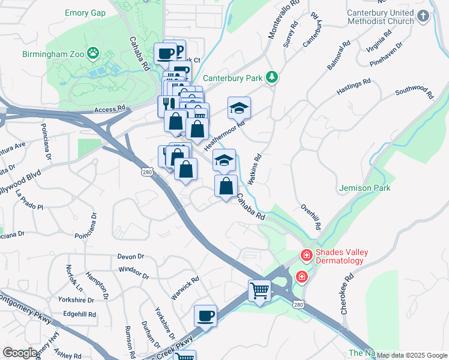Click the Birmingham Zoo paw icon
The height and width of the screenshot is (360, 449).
click(x=93, y=54)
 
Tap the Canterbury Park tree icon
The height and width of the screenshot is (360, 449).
click(x=273, y=77)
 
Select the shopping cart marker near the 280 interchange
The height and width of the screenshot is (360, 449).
click(x=259, y=291)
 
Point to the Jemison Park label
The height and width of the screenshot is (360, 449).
click(x=364, y=188)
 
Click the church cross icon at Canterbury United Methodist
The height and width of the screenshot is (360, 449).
click(x=423, y=16)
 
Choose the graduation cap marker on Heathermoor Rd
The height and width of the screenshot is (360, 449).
click(x=239, y=108)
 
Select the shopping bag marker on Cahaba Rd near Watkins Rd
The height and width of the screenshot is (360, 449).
click(x=226, y=186)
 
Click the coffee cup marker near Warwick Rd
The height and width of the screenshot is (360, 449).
click(x=205, y=316)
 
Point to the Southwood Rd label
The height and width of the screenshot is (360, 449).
click(x=414, y=92)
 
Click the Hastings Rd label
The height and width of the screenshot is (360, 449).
click(x=354, y=88)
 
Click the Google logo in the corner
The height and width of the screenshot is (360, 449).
click(x=19, y=353)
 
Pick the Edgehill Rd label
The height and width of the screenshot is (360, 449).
click(x=79, y=314)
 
